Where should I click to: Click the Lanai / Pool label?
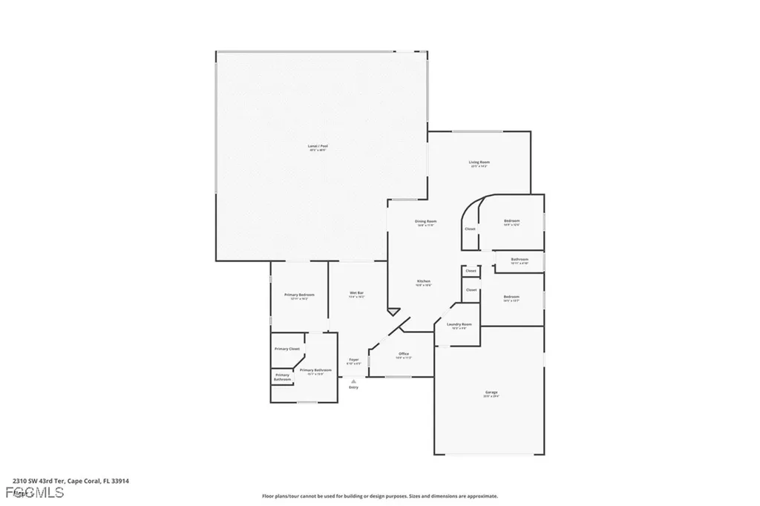click(318, 146)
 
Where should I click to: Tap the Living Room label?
click(479, 162)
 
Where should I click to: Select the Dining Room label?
click(425, 221)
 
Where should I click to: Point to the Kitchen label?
click(423, 282)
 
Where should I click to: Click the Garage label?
click(491, 392)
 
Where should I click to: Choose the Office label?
click(404, 354)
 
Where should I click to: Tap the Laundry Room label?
click(459, 324)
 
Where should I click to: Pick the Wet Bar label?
click(356, 293)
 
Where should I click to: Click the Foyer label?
click(354, 360)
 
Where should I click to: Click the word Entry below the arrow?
click(353, 387)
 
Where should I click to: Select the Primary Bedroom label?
click(300, 295)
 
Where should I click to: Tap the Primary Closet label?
click(287, 349)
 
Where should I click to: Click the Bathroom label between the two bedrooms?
click(519, 259)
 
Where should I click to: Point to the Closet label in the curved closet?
click(470, 229)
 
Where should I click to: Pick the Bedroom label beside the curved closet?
click(511, 221)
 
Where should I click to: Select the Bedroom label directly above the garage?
click(511, 297)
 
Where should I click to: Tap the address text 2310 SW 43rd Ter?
click(45, 481)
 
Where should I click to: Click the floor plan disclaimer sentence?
click(379, 496)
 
